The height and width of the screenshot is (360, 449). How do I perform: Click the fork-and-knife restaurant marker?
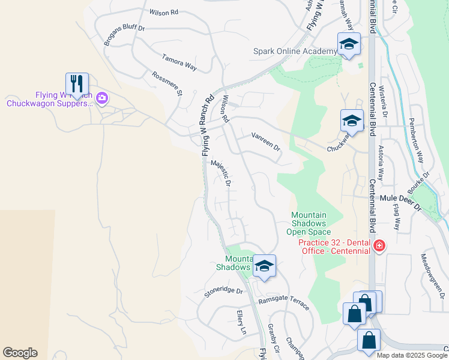click(x=77, y=83)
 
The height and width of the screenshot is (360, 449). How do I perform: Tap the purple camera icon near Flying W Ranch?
click(x=102, y=97)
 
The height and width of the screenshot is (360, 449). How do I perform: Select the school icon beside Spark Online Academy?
click(x=349, y=44)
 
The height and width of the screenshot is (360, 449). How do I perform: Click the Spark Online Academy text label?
click(x=295, y=52)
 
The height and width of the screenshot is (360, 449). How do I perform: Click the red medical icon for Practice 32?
click(x=379, y=245)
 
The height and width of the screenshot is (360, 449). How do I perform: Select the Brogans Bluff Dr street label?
click(x=124, y=36)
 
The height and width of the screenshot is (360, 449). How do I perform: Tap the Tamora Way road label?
click(x=179, y=62)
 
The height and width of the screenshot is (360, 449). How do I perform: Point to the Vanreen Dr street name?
click(x=266, y=142)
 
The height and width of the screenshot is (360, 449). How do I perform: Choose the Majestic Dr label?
click(x=220, y=173)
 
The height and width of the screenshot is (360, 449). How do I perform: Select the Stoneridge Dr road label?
click(x=223, y=291)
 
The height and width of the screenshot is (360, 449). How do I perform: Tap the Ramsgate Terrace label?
click(x=283, y=304)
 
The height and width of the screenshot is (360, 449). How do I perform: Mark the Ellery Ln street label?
click(x=241, y=322)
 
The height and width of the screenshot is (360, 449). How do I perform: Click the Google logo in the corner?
click(x=20, y=353)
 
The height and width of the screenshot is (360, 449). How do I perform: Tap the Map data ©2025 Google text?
click(x=411, y=355)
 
